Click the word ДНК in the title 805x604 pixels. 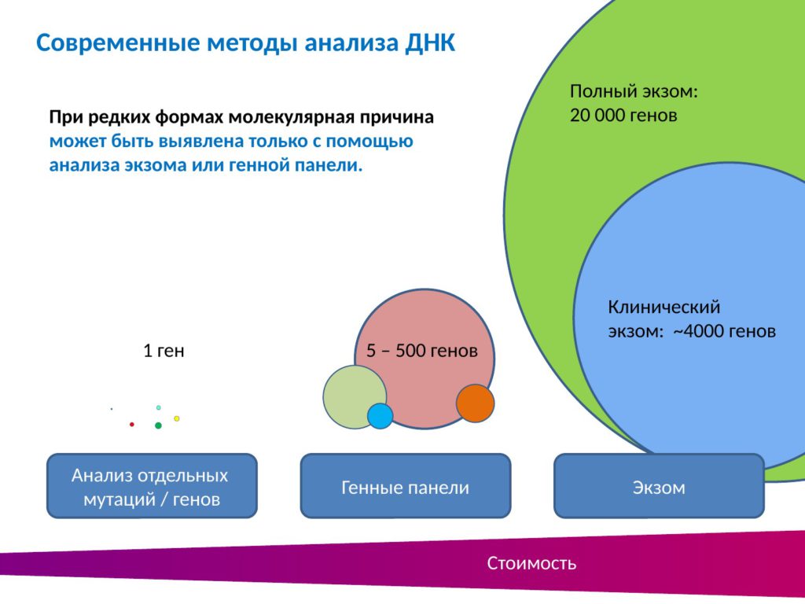tap(430, 42)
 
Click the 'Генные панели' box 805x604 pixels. tap(406, 486)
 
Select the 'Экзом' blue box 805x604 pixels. tap(660, 486)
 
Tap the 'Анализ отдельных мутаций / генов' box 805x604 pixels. tap(152, 486)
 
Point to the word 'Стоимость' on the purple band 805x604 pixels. tap(531, 563)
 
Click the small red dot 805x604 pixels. tap(132, 424)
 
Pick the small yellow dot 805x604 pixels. tap(177, 418)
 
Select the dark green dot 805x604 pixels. tap(158, 425)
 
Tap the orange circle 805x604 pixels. tap(476, 403)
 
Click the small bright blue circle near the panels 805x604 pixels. tap(380, 416)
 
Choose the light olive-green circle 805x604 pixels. tap(355, 396)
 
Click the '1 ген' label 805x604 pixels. tap(164, 351)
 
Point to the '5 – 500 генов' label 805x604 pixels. tap(422, 351)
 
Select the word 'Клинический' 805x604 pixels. tap(664, 308)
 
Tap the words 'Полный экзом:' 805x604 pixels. tap(634, 91)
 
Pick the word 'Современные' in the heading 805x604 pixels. tap(118, 42)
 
